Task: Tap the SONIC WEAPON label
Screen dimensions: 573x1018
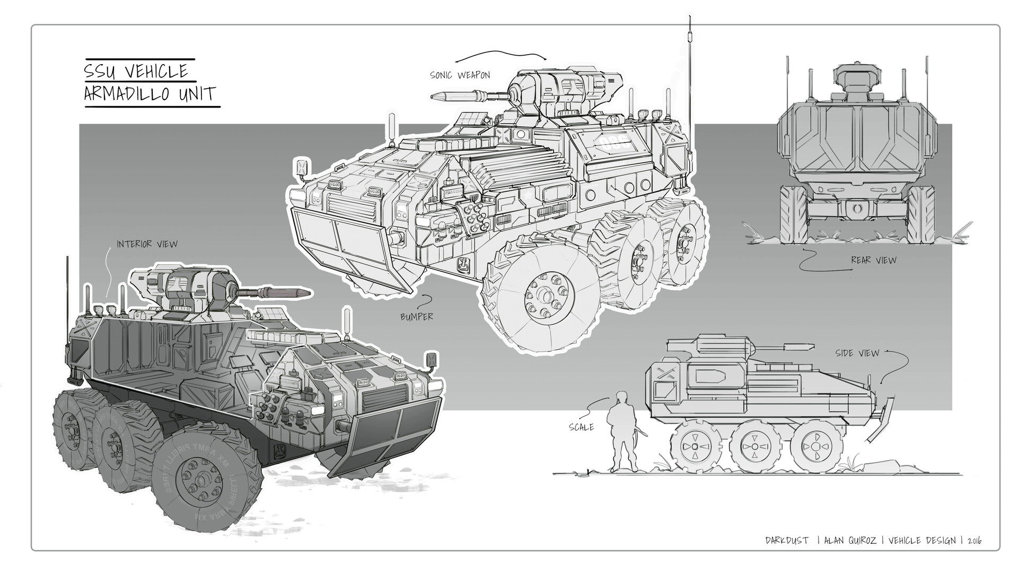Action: pos(460,75)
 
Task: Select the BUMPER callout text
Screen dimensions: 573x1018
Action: pos(417,317)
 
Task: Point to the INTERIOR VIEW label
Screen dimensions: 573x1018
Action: pos(147,244)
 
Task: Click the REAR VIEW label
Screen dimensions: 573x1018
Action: pos(873,260)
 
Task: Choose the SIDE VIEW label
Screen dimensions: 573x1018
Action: pos(857,353)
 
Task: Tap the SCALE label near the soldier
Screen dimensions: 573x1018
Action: pos(581,427)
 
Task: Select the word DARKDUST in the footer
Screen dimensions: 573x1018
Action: pos(787,541)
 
